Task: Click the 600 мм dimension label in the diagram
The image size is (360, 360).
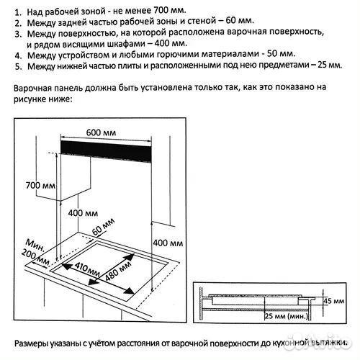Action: (x=105, y=132)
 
